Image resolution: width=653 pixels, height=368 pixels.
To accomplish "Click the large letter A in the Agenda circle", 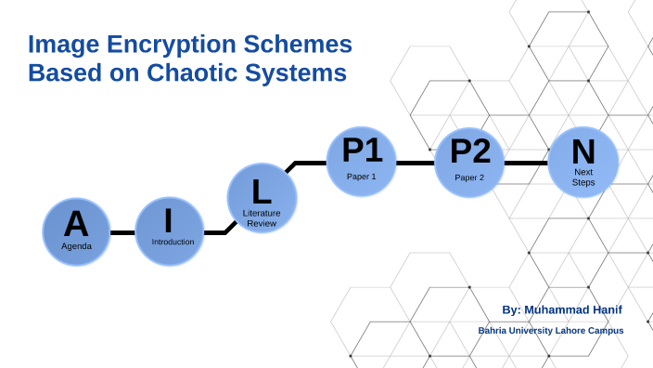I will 76,223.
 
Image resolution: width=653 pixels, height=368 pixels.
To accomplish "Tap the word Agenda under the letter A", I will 76,246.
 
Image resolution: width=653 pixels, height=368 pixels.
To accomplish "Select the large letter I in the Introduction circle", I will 169,221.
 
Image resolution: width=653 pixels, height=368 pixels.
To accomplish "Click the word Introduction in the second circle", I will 173,242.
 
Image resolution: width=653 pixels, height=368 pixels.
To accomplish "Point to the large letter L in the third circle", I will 262,191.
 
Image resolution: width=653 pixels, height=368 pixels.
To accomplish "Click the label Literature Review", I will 262,218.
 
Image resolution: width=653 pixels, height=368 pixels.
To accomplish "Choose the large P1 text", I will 361,151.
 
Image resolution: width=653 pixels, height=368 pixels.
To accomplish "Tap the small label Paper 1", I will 362,176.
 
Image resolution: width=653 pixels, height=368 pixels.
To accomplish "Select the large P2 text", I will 469,151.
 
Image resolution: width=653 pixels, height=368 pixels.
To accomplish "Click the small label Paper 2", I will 469,177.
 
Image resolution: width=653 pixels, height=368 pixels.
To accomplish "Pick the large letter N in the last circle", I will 583,151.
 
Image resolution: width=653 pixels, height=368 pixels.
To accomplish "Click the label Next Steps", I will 583,177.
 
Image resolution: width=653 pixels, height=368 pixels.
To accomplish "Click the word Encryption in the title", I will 147,44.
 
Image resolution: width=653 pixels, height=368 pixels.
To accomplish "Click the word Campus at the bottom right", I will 604,331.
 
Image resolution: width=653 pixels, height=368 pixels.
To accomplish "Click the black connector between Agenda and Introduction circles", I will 122,232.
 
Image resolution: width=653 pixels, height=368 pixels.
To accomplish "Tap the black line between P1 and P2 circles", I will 415,163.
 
